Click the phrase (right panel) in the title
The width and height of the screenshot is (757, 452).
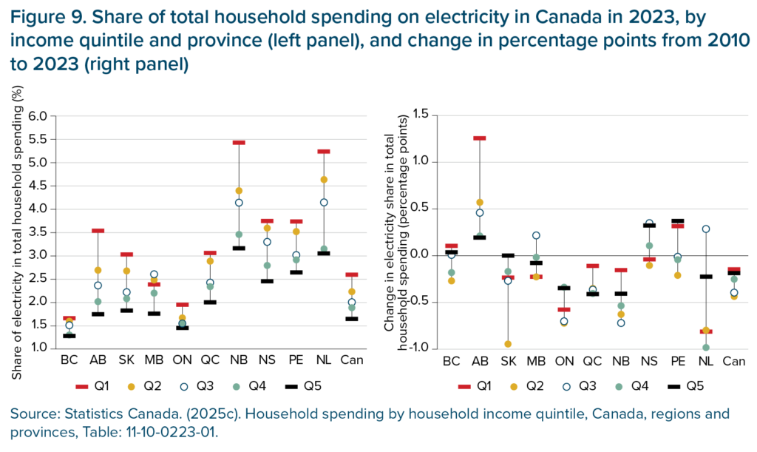pyautogui.click(x=137, y=65)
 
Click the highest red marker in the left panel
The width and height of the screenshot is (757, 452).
pyautogui.click(x=238, y=142)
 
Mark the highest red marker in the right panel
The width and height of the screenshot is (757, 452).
pyautogui.click(x=480, y=138)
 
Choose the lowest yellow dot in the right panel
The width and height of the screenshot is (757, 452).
pyautogui.click(x=508, y=344)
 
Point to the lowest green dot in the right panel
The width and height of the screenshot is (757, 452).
pyautogui.click(x=706, y=347)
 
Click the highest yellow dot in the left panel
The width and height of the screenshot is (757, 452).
pyautogui.click(x=324, y=180)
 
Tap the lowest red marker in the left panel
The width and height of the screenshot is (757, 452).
pyautogui.click(x=69, y=318)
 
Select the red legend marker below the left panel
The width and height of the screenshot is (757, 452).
pyautogui.click(x=81, y=387)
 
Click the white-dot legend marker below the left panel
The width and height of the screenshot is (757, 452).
pyautogui.click(x=184, y=387)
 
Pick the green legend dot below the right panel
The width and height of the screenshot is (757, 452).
pyautogui.click(x=619, y=387)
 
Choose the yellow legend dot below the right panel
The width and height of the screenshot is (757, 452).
pyautogui.click(x=514, y=387)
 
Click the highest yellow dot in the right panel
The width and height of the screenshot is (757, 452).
pyautogui.click(x=480, y=202)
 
